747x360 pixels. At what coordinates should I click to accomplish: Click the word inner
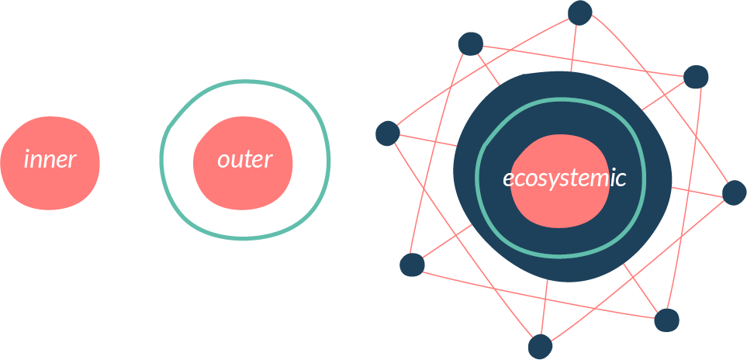[50, 160]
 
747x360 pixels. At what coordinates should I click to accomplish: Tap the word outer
[244, 160]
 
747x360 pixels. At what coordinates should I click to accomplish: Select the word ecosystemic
[564, 178]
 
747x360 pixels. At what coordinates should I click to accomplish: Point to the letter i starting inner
[27, 160]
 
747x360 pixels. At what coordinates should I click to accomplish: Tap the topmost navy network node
[580, 12]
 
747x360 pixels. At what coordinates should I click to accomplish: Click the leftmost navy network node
[387, 133]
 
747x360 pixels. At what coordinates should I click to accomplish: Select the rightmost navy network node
[734, 192]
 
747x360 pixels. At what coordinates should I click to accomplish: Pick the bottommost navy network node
[540, 346]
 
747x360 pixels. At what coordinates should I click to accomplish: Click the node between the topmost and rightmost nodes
[696, 77]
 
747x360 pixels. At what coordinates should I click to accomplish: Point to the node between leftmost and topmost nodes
[470, 43]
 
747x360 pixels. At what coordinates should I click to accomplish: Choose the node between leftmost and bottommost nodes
[412, 265]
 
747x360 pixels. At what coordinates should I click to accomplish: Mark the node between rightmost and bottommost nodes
[666, 320]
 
